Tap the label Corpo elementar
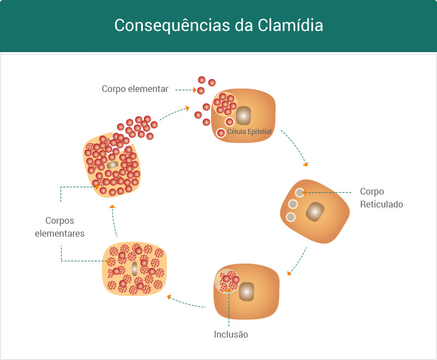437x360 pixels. [135, 89]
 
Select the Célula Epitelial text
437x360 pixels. [249, 132]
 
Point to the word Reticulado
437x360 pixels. [381, 204]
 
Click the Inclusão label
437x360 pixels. [231, 335]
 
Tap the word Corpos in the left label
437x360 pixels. [60, 220]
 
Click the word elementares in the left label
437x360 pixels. [60, 233]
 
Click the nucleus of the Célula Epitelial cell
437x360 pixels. [243, 116]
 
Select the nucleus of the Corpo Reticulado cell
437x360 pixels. [315, 211]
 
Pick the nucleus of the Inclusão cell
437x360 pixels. [247, 291]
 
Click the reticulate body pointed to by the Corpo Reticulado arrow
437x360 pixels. [300, 193]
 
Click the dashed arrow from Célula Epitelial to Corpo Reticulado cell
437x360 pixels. [295, 148]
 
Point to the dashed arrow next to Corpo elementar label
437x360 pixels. [184, 89]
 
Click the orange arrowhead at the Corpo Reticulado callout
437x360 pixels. [304, 192]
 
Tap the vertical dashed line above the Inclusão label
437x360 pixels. [229, 311]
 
